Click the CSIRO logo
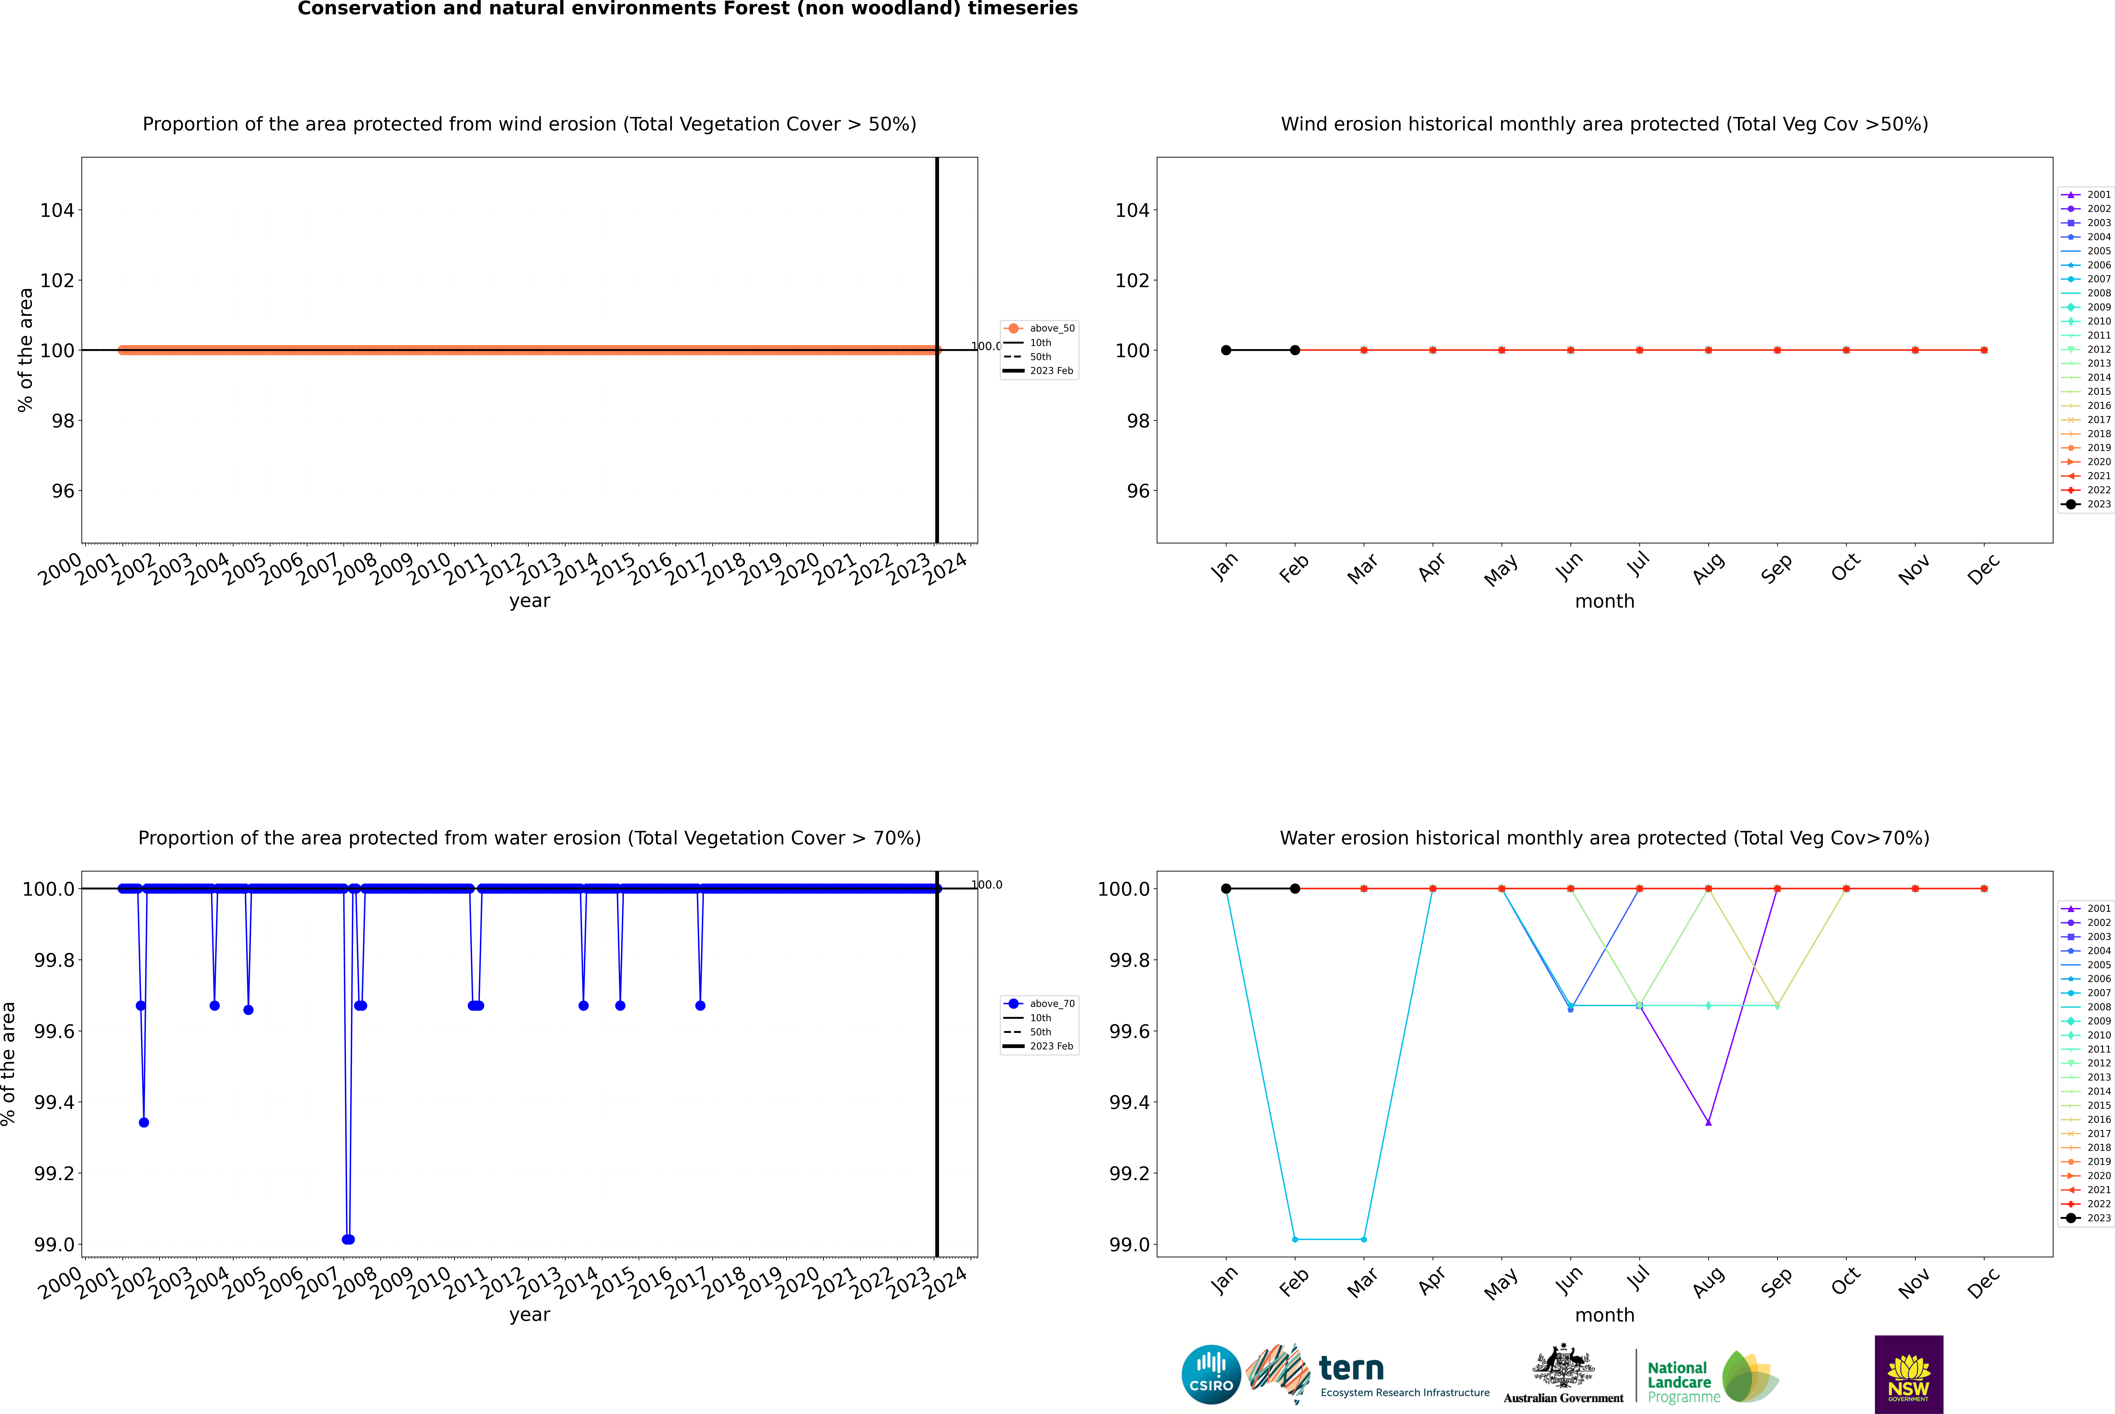(x=1211, y=1374)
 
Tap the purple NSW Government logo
(x=1908, y=1374)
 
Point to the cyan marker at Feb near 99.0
(x=1295, y=1239)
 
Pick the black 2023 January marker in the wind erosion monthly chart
(x=1226, y=350)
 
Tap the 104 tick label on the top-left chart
(x=57, y=210)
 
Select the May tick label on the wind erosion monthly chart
(x=1501, y=570)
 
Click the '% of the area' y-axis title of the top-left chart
(x=25, y=350)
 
